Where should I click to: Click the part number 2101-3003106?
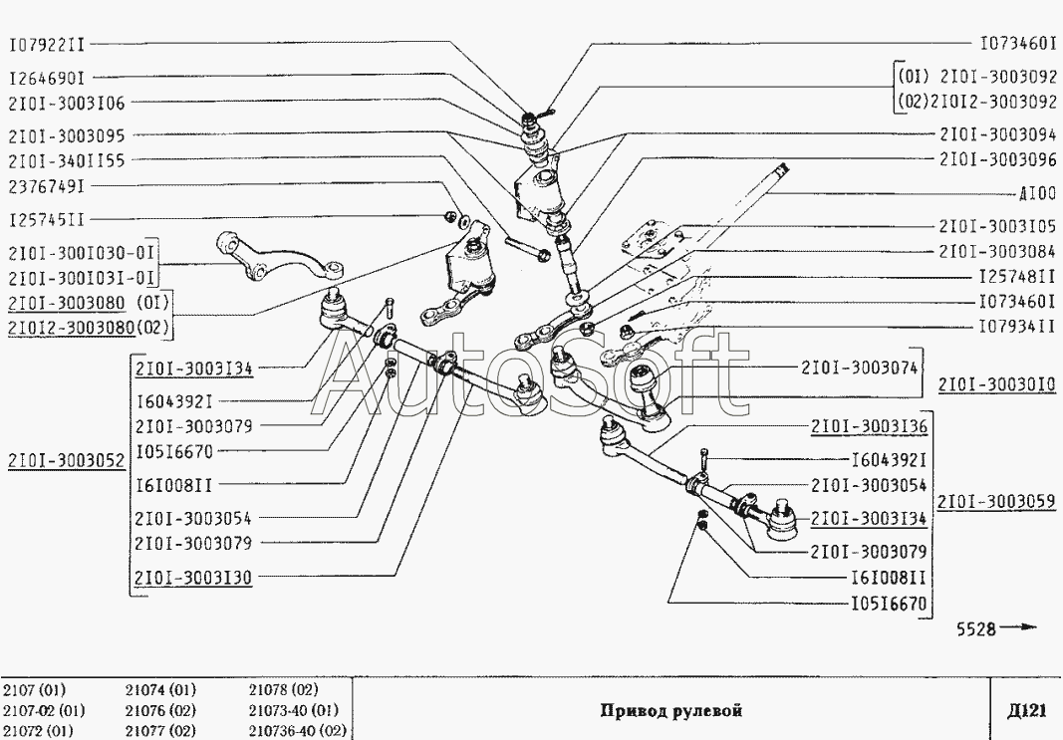67,103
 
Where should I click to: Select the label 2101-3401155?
67,159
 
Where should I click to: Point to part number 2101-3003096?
997,159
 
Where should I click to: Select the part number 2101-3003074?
859,367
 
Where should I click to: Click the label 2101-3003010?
997,383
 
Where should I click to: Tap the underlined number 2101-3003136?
869,425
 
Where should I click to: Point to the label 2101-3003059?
997,501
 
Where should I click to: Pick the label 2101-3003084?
997,252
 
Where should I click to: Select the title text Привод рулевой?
671,711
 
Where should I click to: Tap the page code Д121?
1026,710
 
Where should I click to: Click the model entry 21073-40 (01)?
294,711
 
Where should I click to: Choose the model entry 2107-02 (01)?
44,711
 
